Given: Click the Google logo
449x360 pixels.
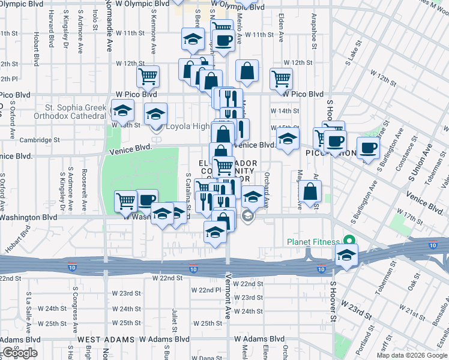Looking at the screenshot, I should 19,353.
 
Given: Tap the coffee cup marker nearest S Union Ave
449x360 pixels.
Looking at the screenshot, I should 368,147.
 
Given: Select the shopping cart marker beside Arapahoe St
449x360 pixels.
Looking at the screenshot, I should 281,78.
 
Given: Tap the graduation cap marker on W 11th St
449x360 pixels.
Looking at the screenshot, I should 193,40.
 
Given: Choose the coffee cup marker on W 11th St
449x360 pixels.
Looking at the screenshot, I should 224,40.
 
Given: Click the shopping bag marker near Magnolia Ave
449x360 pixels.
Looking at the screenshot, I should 310,192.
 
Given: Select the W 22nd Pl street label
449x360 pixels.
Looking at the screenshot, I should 206,290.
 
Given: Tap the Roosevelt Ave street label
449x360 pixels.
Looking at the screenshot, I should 85,192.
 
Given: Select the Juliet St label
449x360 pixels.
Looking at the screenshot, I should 175,320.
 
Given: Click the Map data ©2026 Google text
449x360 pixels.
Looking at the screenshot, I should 412,355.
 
